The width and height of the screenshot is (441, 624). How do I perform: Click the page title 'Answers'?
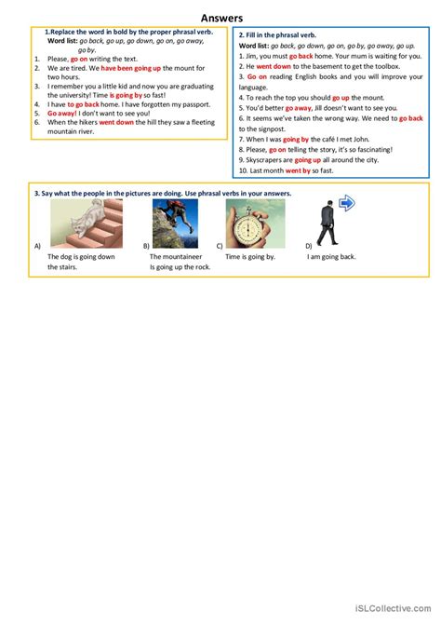[220, 17]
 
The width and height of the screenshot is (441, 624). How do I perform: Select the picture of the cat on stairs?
[73, 224]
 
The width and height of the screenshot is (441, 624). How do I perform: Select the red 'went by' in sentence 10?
[298, 171]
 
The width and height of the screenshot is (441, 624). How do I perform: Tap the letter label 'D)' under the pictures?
[309, 246]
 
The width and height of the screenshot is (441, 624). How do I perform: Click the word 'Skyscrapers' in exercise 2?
[261, 160]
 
